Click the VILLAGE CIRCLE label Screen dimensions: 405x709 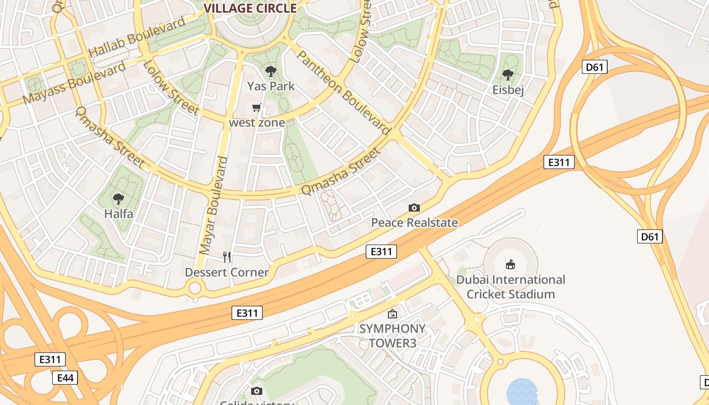tap(250, 8)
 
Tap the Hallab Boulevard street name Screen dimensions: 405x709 tap(137, 37)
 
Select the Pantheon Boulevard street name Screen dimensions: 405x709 tap(344, 92)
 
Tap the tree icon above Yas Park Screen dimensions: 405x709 tap(271, 72)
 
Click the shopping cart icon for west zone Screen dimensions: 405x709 tap(257, 107)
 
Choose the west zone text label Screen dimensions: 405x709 tap(257, 123)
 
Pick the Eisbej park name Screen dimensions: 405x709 tap(508, 90)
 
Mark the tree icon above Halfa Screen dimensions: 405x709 tap(119, 199)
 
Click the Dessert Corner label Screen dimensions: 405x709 tap(226, 272)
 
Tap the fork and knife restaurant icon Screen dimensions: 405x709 tap(227, 257)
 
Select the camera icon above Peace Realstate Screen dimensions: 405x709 tap(414, 208)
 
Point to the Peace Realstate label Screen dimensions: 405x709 tap(414, 223)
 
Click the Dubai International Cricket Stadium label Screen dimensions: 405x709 tap(510, 287)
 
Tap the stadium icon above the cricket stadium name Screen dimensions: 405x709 tap(510, 264)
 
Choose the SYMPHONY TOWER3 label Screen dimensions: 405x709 tap(392, 336)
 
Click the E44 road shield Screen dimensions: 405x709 tap(65, 378)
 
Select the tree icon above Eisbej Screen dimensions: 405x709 tap(508, 75)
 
